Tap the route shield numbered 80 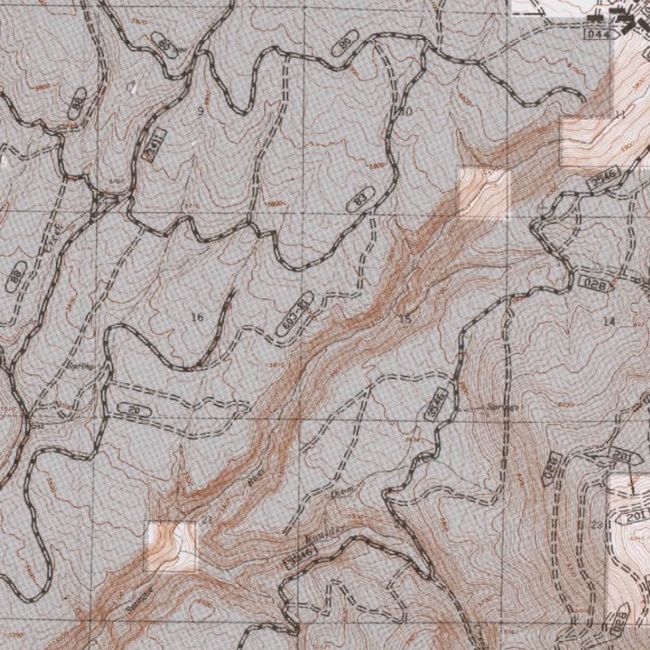[x=165, y=45]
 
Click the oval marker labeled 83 [x=361, y=200]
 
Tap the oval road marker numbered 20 [x=134, y=411]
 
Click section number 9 [x=200, y=112]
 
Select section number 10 [x=406, y=112]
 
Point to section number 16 [x=197, y=317]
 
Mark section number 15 [x=405, y=319]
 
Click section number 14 [x=609, y=322]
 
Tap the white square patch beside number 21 [x=171, y=545]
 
